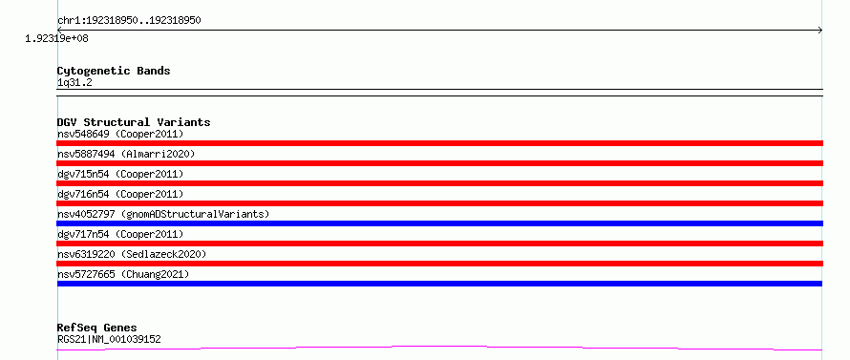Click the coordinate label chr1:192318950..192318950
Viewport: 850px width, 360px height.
click(129, 21)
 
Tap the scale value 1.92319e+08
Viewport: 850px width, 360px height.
click(56, 38)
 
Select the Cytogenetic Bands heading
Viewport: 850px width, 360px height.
click(114, 71)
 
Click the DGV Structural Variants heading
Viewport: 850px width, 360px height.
click(134, 122)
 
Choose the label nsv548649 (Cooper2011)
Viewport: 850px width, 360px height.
click(120, 134)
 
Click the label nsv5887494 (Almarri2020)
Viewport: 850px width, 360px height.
click(126, 154)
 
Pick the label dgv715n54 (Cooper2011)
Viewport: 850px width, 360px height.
click(120, 174)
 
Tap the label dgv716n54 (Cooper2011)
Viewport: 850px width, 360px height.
click(120, 194)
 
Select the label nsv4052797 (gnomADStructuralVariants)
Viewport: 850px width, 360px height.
click(163, 214)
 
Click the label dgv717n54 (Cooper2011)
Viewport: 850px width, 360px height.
click(120, 234)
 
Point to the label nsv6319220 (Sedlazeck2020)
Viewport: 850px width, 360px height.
click(132, 254)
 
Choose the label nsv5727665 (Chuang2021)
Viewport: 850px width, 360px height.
click(123, 274)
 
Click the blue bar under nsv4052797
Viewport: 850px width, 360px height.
click(439, 223)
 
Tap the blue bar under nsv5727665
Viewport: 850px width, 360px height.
click(439, 284)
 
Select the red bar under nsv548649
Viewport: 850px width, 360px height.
click(439, 143)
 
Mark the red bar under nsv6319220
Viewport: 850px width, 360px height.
click(439, 264)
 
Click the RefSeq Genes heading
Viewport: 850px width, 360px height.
click(96, 328)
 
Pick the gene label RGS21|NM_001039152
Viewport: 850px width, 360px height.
click(109, 339)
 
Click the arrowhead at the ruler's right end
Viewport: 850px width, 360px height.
click(820, 31)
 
